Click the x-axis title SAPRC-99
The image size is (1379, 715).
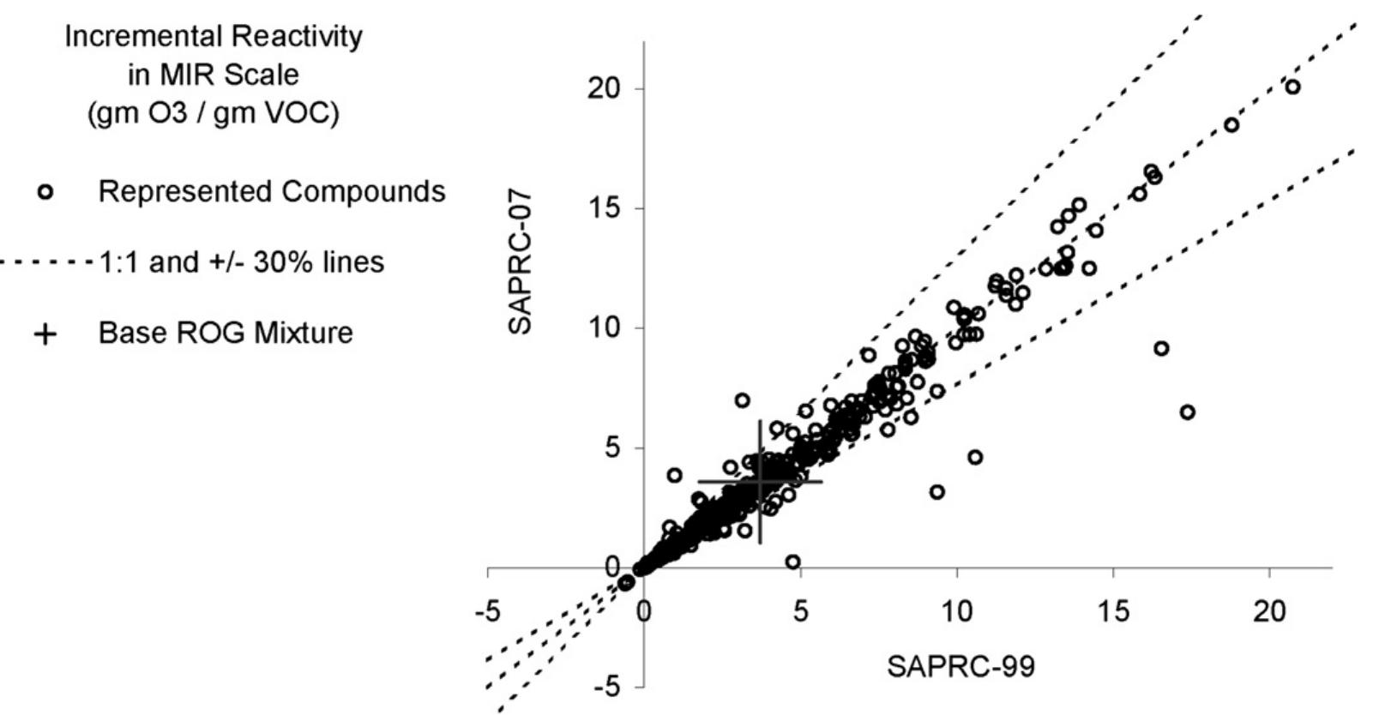pos(960,666)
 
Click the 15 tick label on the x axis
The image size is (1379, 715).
pos(1113,612)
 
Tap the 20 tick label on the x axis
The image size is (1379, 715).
pos(1269,612)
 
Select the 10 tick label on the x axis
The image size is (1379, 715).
pos(956,612)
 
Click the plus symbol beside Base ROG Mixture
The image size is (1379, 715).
pos(45,333)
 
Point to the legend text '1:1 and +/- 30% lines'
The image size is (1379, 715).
pos(242,261)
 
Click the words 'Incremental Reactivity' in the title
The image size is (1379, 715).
pos(214,37)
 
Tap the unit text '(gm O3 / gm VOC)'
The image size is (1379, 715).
pos(214,113)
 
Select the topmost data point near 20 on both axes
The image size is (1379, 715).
pos(1292,87)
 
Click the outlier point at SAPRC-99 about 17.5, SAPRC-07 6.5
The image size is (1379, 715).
pos(1187,412)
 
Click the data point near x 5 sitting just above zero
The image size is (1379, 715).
pos(792,562)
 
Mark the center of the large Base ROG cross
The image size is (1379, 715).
pos(760,482)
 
